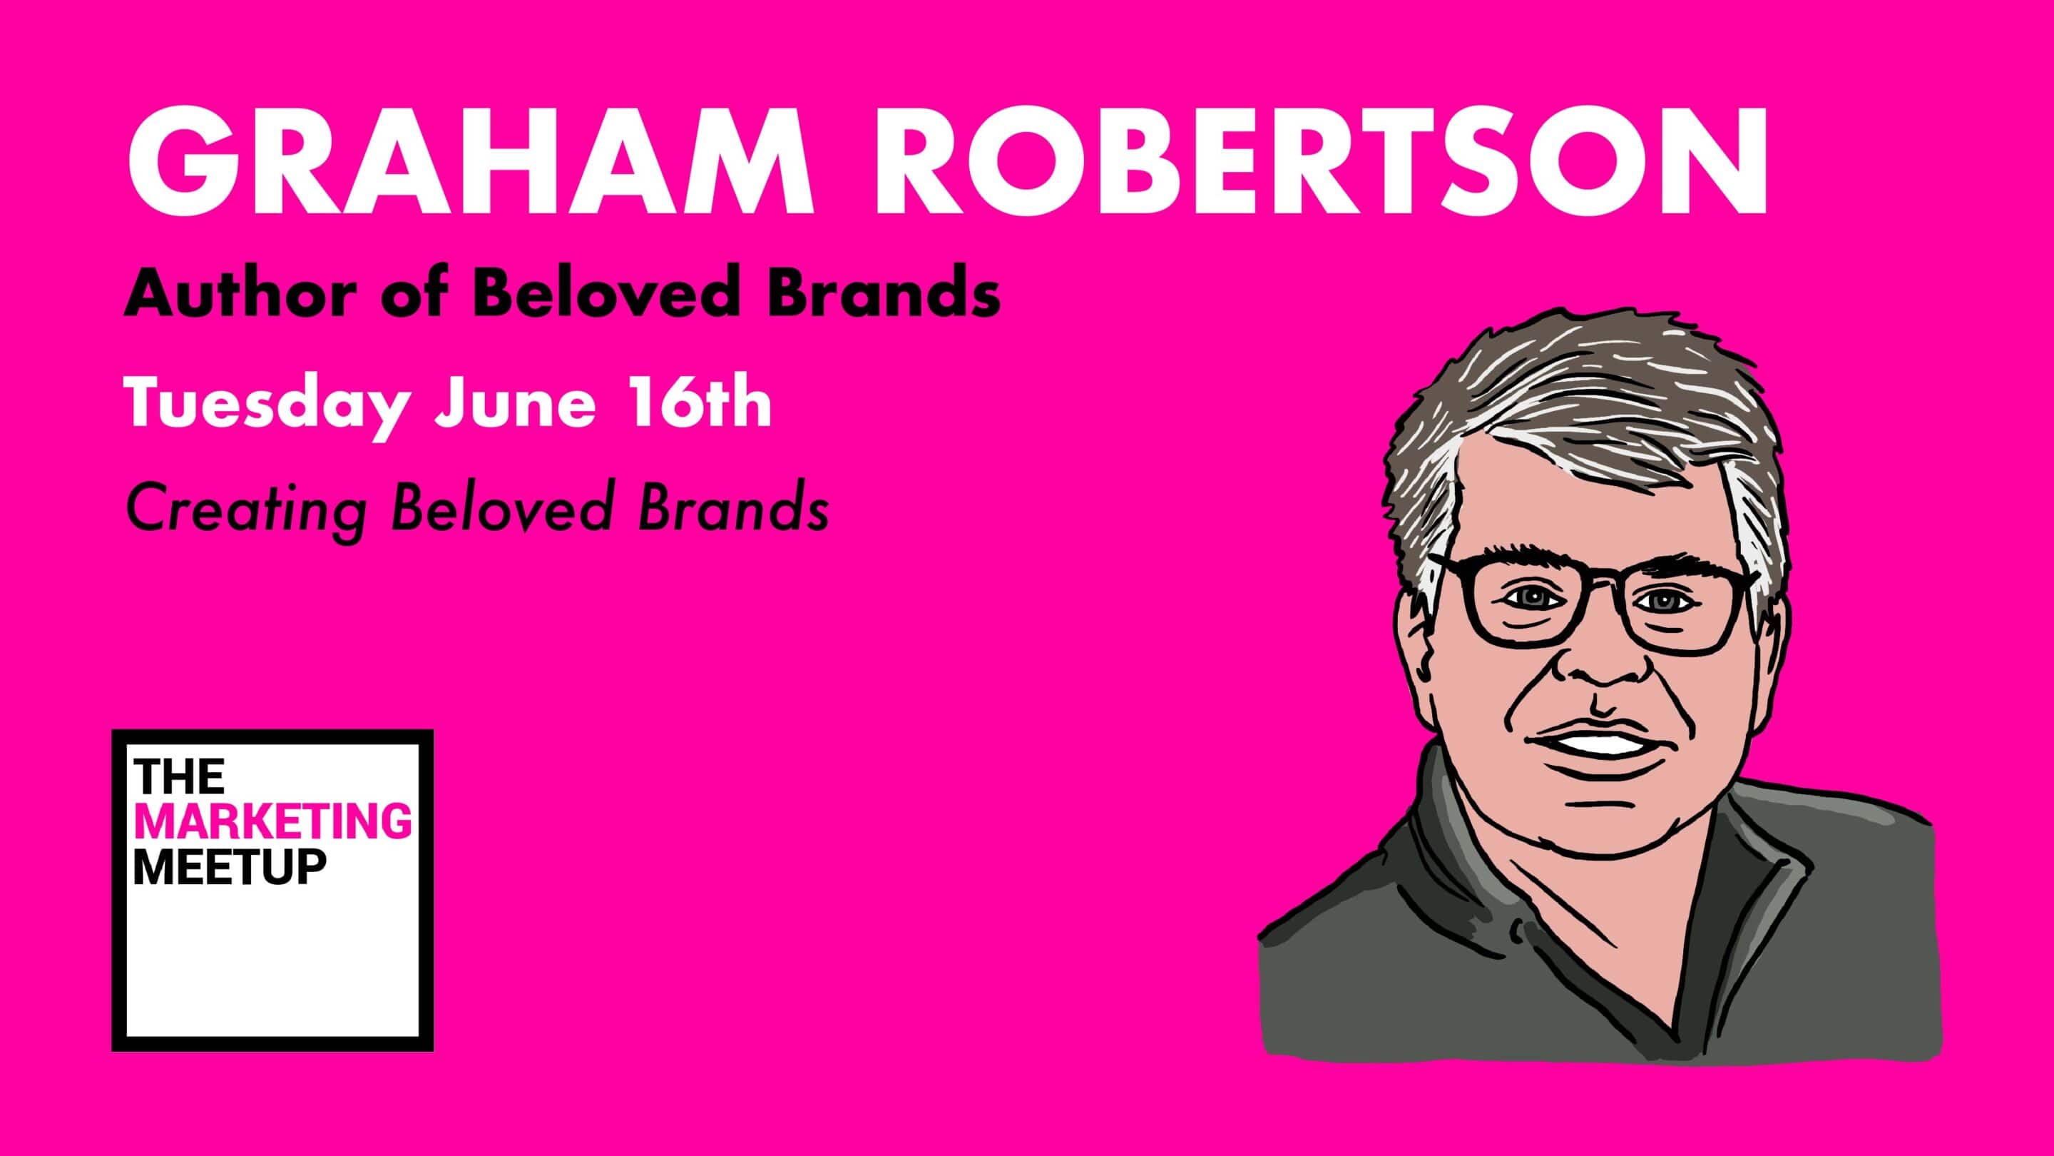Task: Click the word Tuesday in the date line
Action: (x=269, y=404)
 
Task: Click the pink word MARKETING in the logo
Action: (x=273, y=822)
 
